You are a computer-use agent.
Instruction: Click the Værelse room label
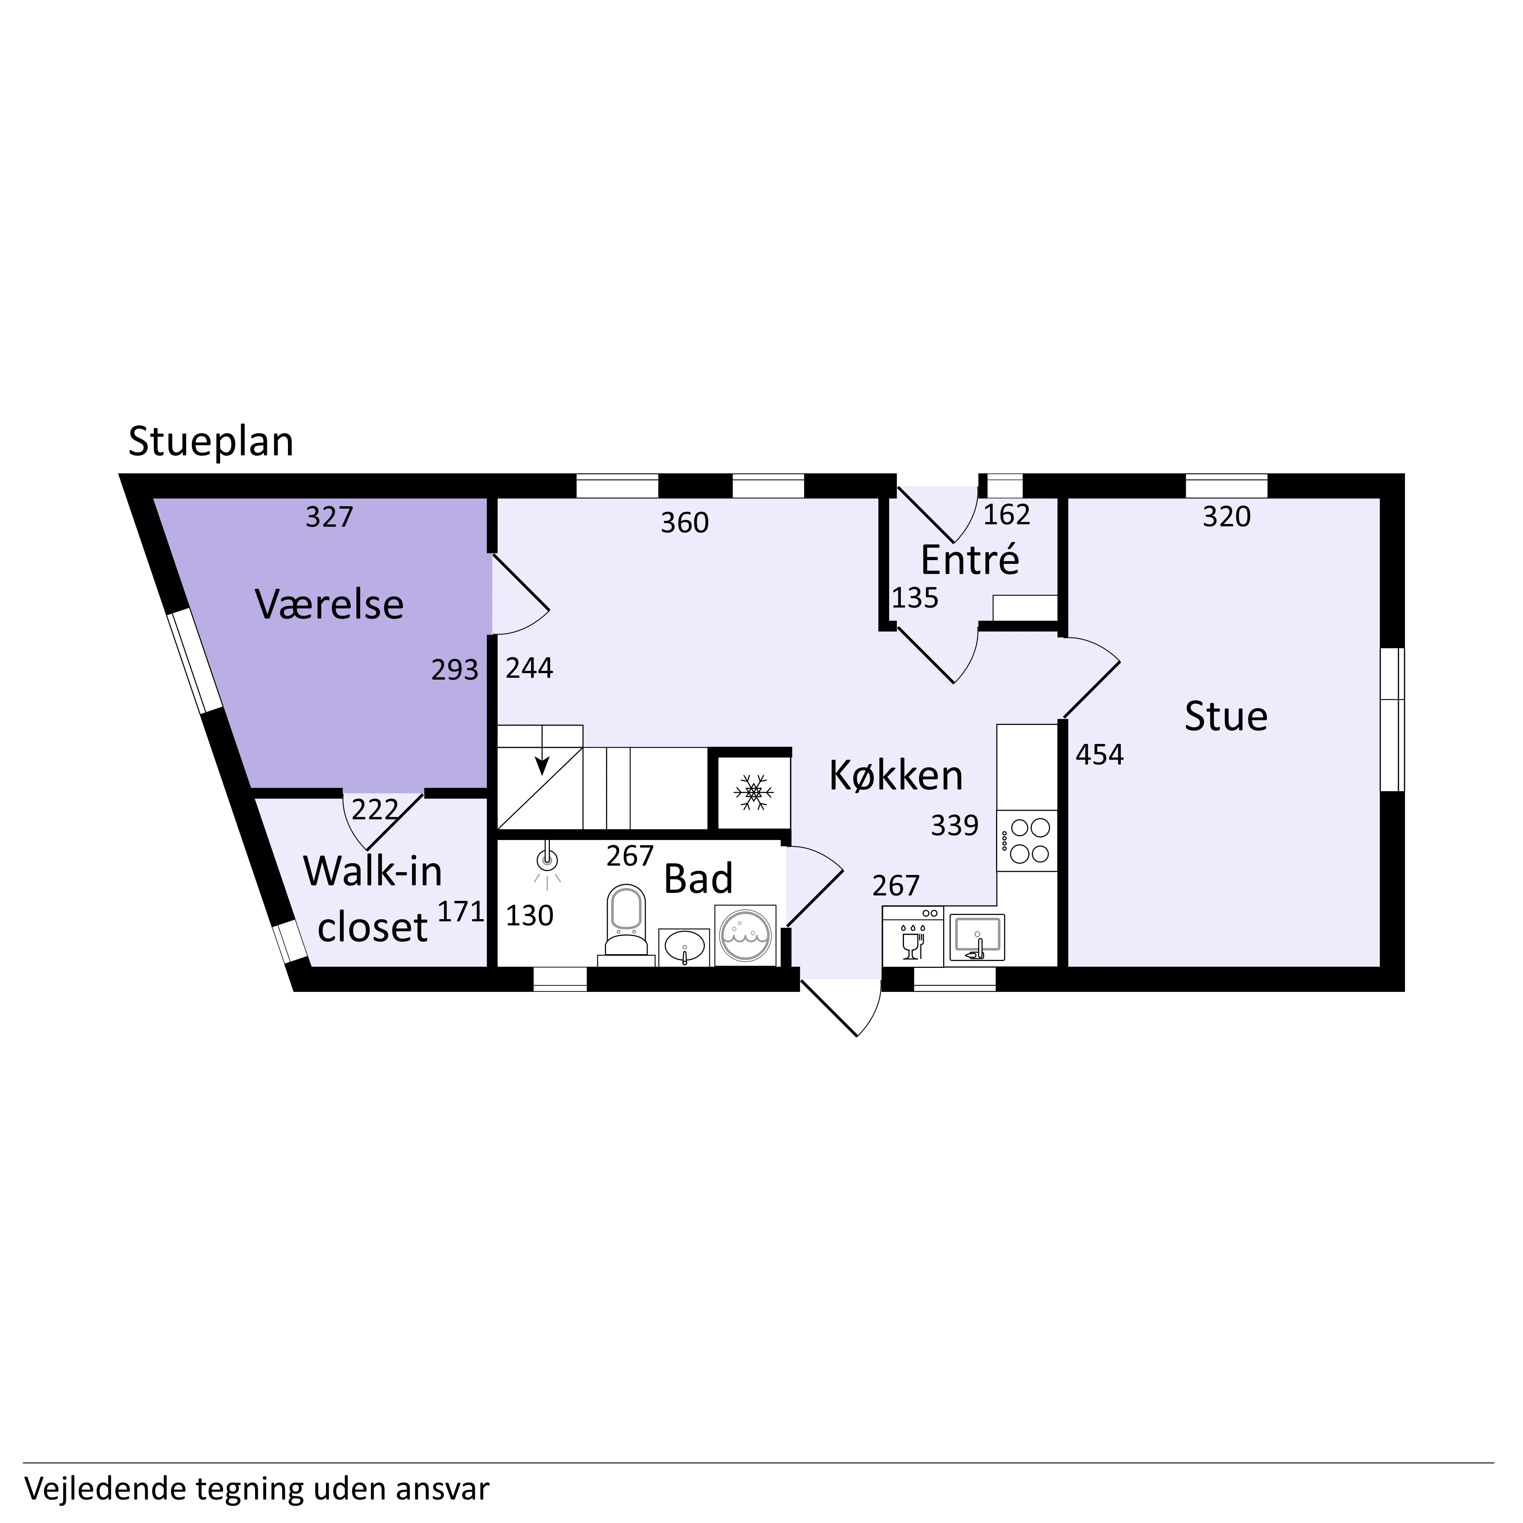329,605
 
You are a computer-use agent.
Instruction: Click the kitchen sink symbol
977,937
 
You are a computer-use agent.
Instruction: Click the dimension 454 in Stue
1100,754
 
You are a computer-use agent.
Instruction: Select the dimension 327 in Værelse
329,517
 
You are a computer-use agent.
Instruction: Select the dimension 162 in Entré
1007,515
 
